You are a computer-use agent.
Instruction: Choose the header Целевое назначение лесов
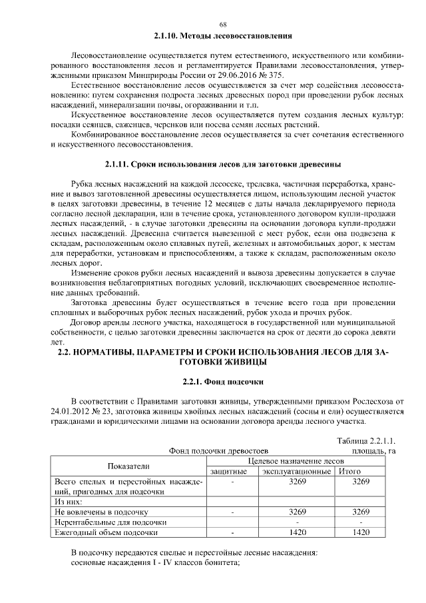tap(296, 461)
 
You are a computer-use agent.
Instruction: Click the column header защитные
tap(230, 471)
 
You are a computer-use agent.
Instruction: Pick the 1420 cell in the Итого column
tap(360, 532)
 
